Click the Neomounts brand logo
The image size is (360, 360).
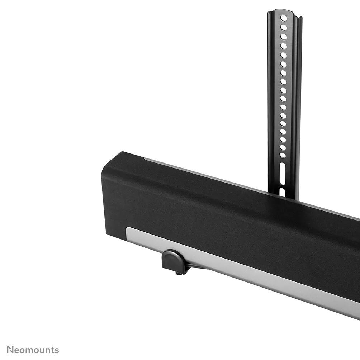(x=33, y=350)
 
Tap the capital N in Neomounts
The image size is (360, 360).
(x=10, y=350)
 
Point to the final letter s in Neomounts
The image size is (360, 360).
(x=57, y=350)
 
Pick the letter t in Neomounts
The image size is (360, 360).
(x=53, y=350)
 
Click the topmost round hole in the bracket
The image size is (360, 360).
(x=284, y=18)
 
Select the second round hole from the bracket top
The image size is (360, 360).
(x=284, y=27)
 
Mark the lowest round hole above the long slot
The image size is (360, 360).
(x=283, y=155)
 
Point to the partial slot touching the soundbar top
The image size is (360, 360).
(x=282, y=192)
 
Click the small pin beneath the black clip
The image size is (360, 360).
(x=178, y=273)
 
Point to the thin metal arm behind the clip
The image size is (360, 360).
(x=195, y=266)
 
